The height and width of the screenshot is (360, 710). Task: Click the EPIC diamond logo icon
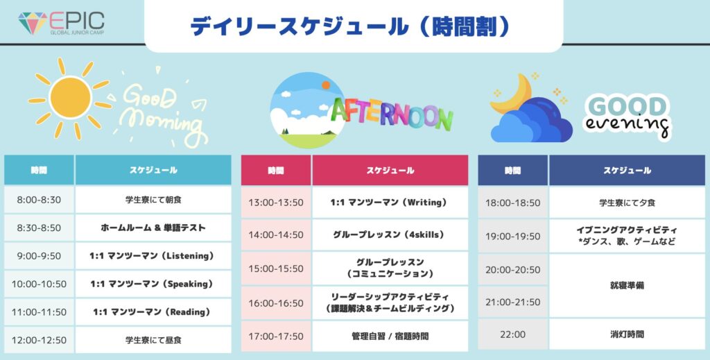pyautogui.click(x=32, y=23)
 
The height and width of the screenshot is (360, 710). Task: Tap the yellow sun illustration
pyautogui.click(x=70, y=98)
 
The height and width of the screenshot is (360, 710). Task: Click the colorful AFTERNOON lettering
pyautogui.click(x=392, y=112)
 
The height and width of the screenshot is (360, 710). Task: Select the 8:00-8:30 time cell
pyautogui.click(x=39, y=200)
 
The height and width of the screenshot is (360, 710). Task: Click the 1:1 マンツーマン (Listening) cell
pyautogui.click(x=153, y=256)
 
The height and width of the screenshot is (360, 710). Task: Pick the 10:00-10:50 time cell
pyautogui.click(x=39, y=284)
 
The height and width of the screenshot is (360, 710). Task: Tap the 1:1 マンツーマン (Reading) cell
pyautogui.click(x=153, y=312)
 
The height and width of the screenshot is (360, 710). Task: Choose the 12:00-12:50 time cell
pyautogui.click(x=39, y=340)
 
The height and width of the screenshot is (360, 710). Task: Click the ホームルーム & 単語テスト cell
pyautogui.click(x=153, y=228)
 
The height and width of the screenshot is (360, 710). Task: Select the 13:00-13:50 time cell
pyautogui.click(x=276, y=203)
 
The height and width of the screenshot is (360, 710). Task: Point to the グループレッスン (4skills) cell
pyautogui.click(x=390, y=235)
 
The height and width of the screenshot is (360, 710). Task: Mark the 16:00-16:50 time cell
pyautogui.click(x=276, y=303)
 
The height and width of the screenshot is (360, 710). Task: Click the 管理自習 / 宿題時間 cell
pyautogui.click(x=390, y=336)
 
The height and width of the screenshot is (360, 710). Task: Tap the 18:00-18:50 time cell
pyautogui.click(x=513, y=203)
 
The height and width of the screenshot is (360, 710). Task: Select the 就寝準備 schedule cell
pyautogui.click(x=627, y=286)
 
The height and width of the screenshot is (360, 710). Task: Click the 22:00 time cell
pyautogui.click(x=513, y=334)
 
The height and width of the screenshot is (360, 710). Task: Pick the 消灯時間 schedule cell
pyautogui.click(x=627, y=334)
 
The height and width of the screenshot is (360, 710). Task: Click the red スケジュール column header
pyautogui.click(x=390, y=170)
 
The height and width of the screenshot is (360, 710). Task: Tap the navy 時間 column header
pyautogui.click(x=513, y=170)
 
